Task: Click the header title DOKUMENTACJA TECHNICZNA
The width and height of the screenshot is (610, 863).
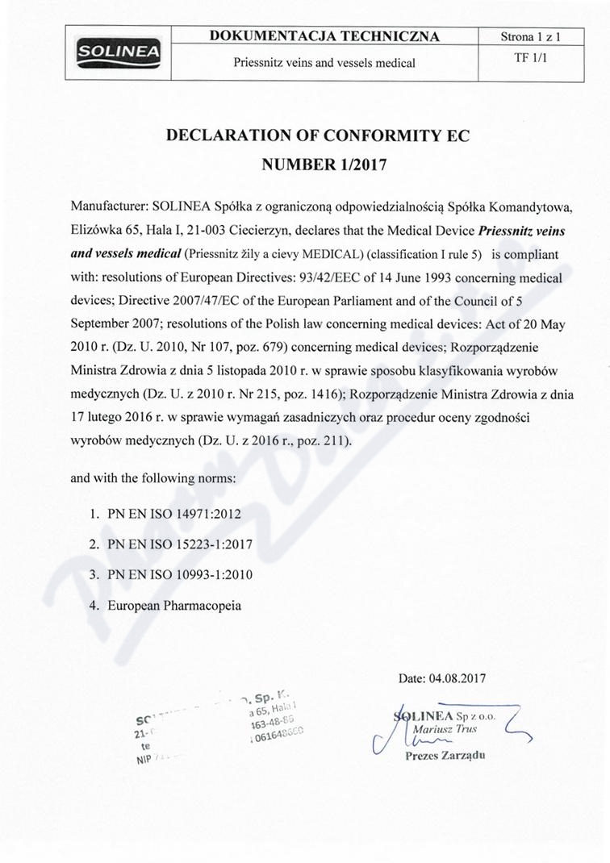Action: [324, 36]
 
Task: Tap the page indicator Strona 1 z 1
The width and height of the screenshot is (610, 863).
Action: [530, 37]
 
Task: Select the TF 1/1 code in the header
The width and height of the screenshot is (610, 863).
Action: [530, 59]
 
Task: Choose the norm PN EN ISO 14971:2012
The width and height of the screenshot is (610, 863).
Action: [174, 513]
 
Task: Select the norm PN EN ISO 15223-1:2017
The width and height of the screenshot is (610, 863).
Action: [180, 544]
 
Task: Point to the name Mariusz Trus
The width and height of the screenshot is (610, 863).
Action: [444, 729]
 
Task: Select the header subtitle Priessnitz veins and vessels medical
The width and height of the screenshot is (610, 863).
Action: [324, 62]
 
